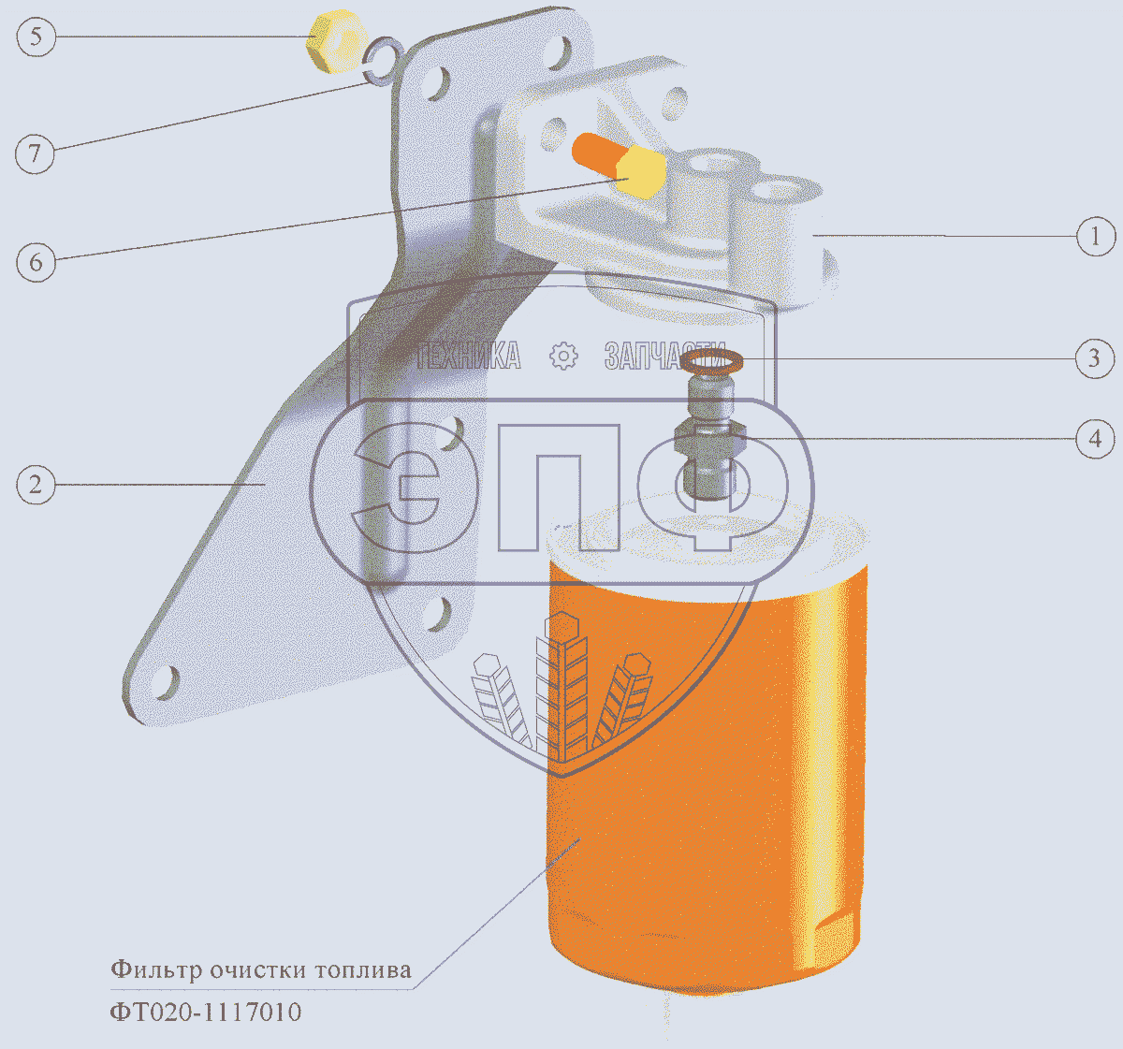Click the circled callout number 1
(1095, 236)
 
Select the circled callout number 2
(36, 485)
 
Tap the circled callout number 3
(1094, 358)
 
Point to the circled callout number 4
(1095, 439)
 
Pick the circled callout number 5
(36, 36)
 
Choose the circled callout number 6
(36, 262)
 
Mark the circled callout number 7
(35, 153)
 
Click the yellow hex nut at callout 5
(337, 41)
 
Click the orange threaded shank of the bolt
(596, 153)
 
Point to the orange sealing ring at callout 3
(711, 361)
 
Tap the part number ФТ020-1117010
(206, 1013)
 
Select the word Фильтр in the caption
(156, 970)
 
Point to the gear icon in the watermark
(563, 357)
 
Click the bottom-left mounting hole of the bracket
(164, 684)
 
